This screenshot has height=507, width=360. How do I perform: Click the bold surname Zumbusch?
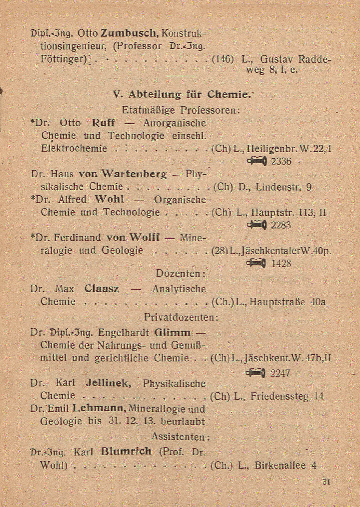click(129, 34)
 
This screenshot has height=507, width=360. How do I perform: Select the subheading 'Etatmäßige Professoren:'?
click(181, 110)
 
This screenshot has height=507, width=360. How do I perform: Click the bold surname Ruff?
click(103, 123)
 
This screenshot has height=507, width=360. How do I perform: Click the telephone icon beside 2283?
click(256, 225)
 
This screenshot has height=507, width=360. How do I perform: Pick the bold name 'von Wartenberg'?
click(123, 174)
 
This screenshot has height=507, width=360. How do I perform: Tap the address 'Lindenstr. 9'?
click(284, 187)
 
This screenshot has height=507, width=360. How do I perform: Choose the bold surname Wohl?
click(109, 199)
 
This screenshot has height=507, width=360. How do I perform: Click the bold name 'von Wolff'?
click(133, 237)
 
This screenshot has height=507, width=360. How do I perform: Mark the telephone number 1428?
click(281, 263)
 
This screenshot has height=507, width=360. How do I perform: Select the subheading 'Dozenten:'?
click(180, 274)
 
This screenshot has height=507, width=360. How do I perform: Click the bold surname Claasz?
click(102, 289)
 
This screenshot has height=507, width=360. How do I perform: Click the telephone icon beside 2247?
click(256, 373)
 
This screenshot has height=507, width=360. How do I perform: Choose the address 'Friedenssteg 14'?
click(287, 396)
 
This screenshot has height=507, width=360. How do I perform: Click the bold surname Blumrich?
click(126, 451)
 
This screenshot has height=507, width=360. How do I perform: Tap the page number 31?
click(326, 482)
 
